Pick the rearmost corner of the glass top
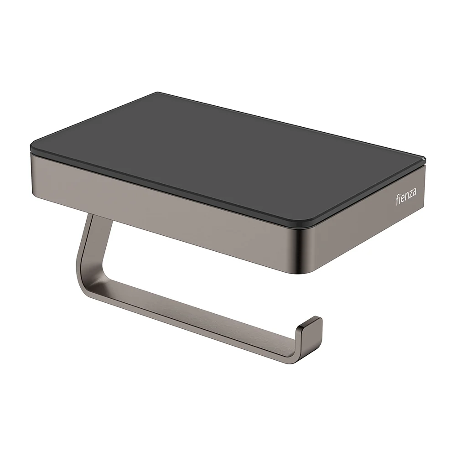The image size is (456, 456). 157,93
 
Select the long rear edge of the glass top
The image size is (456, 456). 292,125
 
